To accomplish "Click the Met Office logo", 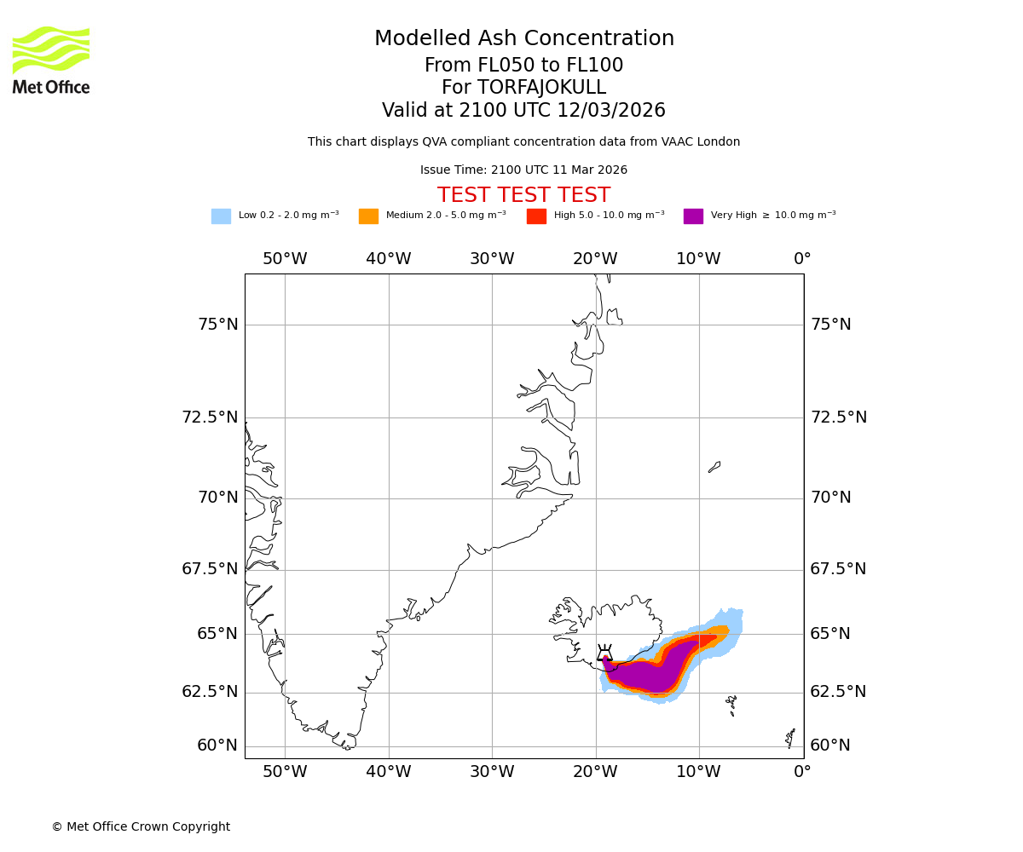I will coord(51,60).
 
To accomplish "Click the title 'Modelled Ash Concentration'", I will coord(523,38).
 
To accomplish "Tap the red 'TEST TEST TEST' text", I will coord(523,195).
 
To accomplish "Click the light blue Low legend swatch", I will coord(221,216).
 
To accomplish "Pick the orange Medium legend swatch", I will coord(368,216).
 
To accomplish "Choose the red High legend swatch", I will coord(536,216).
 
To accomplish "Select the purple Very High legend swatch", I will coord(693,216).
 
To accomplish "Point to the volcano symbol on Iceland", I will coord(604,653).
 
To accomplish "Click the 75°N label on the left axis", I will coord(218,325).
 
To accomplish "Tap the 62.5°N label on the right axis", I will coord(838,692).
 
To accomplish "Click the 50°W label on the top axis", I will coord(285,259).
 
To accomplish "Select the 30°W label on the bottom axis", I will coord(492,772).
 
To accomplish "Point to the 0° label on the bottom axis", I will coord(802,772).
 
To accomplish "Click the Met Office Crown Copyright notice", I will coord(141,826).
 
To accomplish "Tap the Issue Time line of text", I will coord(523,170).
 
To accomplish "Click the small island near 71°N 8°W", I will coord(714,467).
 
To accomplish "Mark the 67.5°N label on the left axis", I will coord(210,569).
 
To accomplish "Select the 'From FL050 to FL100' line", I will coord(523,66).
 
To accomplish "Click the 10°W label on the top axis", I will coord(698,259).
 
